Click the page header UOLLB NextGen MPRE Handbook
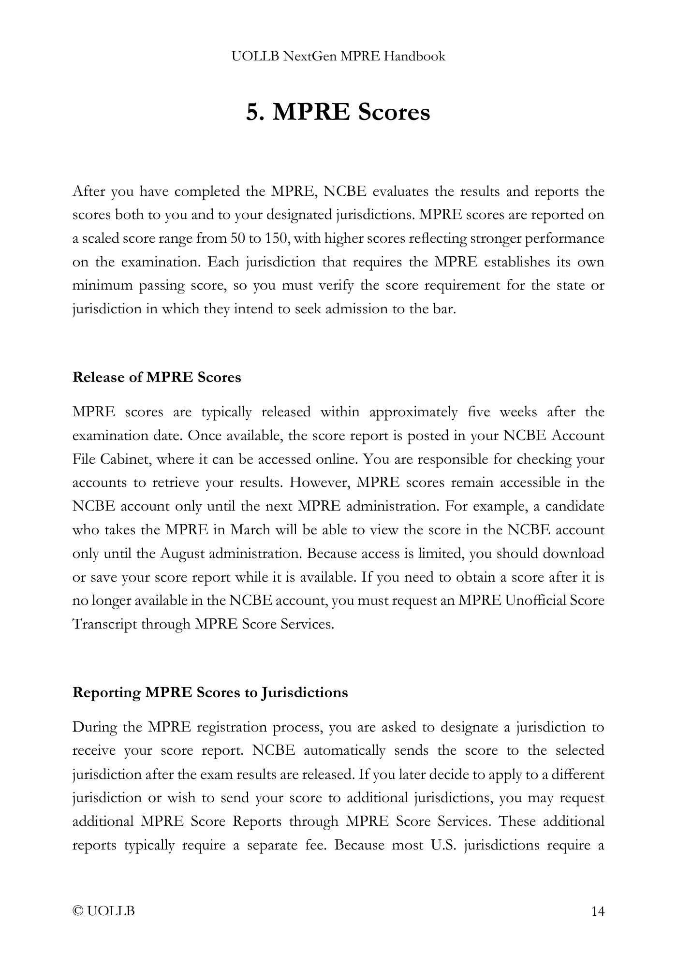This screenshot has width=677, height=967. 338,57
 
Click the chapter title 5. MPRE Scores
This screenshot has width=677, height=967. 338,112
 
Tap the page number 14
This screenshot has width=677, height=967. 598,911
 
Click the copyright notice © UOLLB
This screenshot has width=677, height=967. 103,911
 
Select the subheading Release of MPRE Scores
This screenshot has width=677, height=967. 157,377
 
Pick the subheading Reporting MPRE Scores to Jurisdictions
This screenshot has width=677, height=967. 210,692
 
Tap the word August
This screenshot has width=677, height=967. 182,553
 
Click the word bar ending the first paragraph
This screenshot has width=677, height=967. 445,308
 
